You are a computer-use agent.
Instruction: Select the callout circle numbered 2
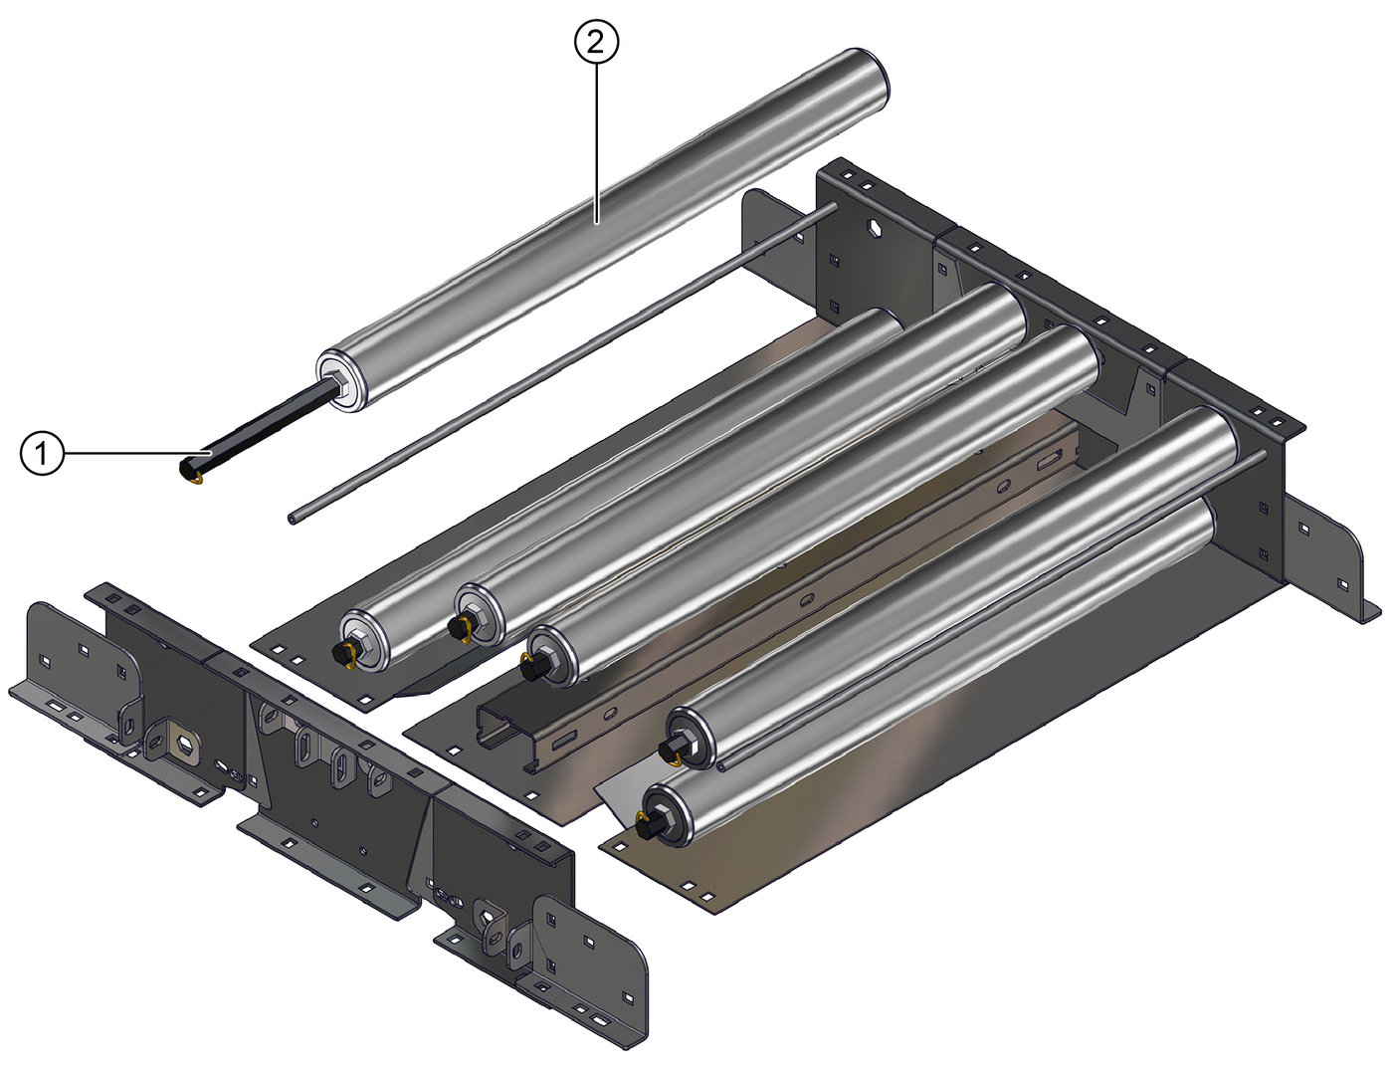(596, 42)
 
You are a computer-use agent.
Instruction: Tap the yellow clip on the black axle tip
(193, 476)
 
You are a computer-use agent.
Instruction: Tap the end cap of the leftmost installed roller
(364, 641)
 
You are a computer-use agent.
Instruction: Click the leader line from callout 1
(124, 454)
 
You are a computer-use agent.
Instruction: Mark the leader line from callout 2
(596, 139)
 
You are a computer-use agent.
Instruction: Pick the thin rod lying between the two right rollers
(995, 607)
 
